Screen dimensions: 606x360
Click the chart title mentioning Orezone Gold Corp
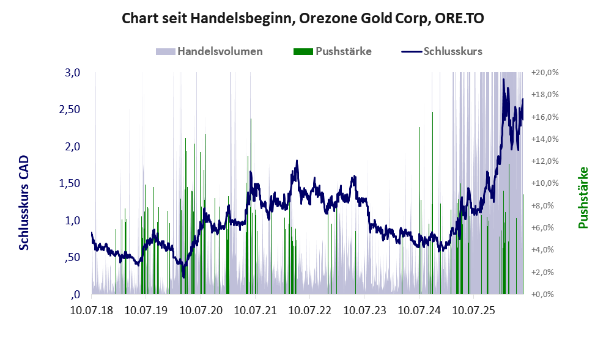pyautogui.click(x=303, y=18)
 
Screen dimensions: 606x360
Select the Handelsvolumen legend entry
pyautogui.click(x=209, y=51)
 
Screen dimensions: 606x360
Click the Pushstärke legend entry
pyautogui.click(x=333, y=51)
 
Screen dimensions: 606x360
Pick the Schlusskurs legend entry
pyautogui.click(x=442, y=51)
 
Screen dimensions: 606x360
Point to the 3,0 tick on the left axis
pyautogui.click(x=72, y=72)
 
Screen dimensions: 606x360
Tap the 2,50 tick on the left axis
pyautogui.click(x=69, y=109)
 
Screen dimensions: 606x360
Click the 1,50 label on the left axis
pyautogui.click(x=69, y=183)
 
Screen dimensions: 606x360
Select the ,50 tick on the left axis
pyautogui.click(x=72, y=257)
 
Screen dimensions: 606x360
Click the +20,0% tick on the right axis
pyautogui.click(x=545, y=72)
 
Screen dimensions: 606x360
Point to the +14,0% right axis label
pyautogui.click(x=545, y=139)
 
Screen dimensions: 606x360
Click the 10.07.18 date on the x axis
pyautogui.click(x=92, y=310)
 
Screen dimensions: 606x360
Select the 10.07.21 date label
pyautogui.click(x=256, y=310)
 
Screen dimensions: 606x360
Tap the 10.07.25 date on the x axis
pyautogui.click(x=473, y=310)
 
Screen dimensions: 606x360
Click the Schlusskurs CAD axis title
pyautogui.click(x=24, y=203)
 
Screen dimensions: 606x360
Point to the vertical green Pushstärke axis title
pyautogui.click(x=583, y=197)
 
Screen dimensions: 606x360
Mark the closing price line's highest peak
pyautogui.click(x=503, y=79)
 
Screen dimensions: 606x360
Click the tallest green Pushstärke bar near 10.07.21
pyautogui.click(x=251, y=206)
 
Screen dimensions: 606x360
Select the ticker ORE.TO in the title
pyautogui.click(x=459, y=18)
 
